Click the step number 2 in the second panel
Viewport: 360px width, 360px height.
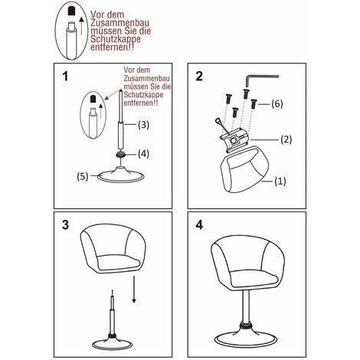tap(198, 77)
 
